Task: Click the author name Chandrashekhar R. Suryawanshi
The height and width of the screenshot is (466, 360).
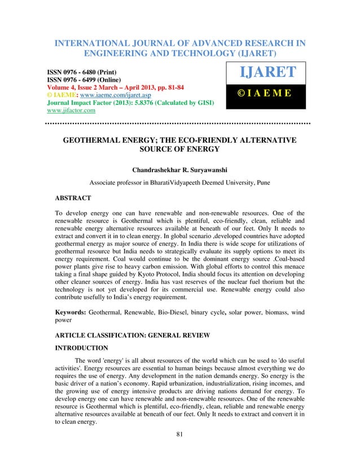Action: pos(179,168)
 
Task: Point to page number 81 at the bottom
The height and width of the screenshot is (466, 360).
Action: pos(179,450)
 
